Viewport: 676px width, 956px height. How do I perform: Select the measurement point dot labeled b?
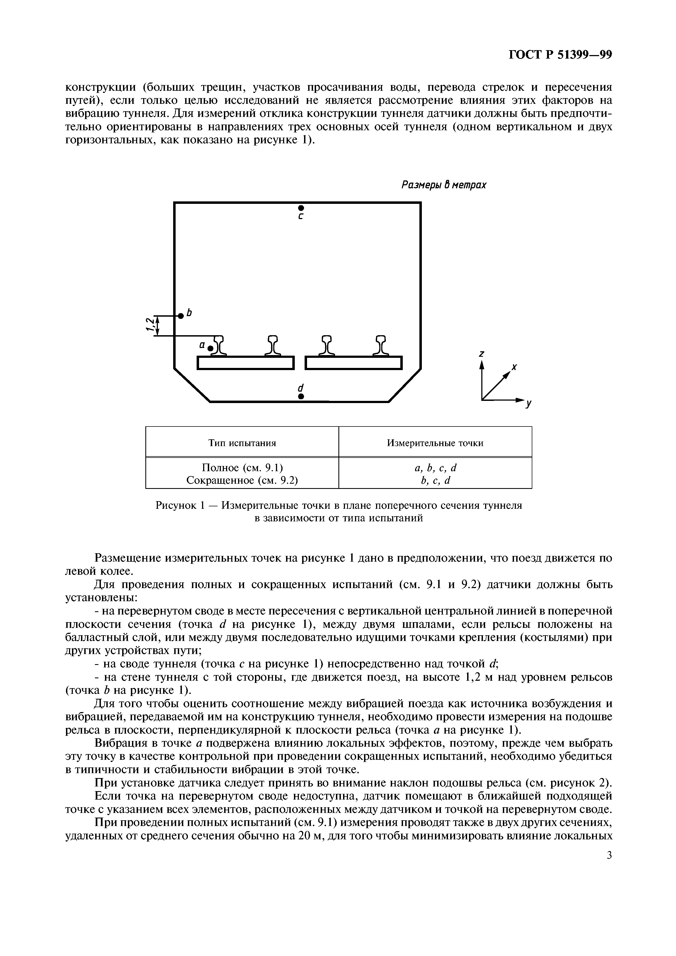180,316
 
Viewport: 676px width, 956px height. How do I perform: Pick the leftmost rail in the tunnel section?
218,346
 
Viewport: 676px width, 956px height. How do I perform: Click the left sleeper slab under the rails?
246,363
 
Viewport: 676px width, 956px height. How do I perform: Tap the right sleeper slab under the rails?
354,363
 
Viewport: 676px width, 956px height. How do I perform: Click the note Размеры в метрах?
444,184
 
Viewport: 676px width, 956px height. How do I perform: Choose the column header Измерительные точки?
435,443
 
